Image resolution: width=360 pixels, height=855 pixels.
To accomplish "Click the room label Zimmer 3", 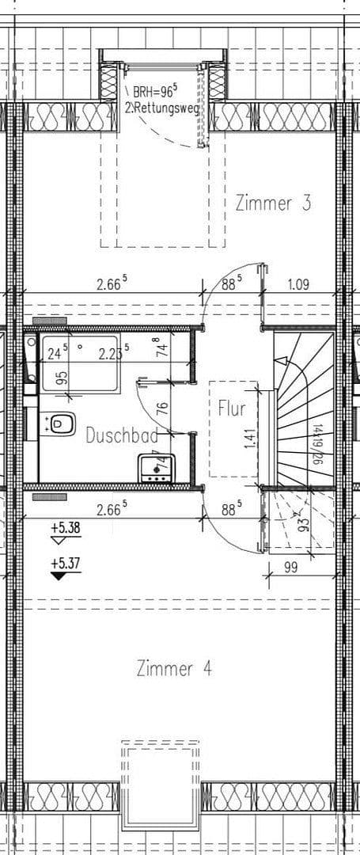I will click(272, 203).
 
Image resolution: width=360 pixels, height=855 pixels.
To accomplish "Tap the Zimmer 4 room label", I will click(173, 668).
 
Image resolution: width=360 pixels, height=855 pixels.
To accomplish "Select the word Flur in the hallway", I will click(232, 409).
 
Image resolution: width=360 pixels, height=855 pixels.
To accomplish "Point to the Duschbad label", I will click(121, 435).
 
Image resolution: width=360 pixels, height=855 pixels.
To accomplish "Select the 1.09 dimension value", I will click(298, 285).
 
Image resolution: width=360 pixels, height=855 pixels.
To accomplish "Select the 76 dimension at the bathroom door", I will click(161, 409).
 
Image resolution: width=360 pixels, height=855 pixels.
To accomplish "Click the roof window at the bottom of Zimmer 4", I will click(161, 784).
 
